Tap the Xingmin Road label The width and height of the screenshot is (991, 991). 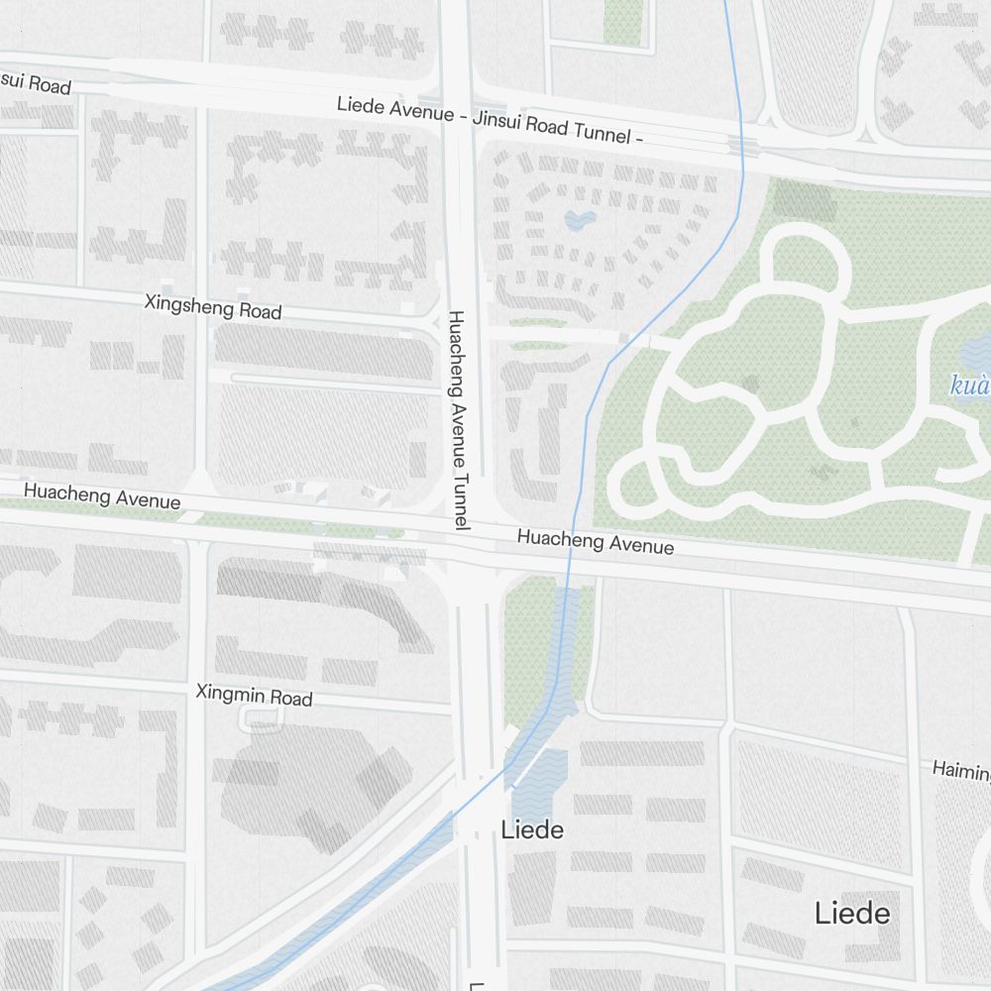pos(254,695)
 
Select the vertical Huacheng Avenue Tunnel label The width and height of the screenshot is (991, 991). pos(457,419)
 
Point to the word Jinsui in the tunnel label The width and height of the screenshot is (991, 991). pos(502,121)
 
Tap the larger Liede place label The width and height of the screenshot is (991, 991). pos(851,913)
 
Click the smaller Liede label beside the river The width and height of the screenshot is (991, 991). pos(532,829)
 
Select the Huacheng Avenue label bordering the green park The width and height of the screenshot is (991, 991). pos(596,541)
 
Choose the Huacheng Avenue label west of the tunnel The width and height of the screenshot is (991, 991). pos(102,496)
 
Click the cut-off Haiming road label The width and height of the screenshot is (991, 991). pos(961,770)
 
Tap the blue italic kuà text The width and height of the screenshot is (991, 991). pos(970,385)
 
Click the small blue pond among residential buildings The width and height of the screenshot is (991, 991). pos(579,219)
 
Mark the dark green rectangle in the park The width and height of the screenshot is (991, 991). pos(804,199)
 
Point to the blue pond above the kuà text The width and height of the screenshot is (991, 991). pos(975,349)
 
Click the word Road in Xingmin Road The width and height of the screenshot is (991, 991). pos(293,698)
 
